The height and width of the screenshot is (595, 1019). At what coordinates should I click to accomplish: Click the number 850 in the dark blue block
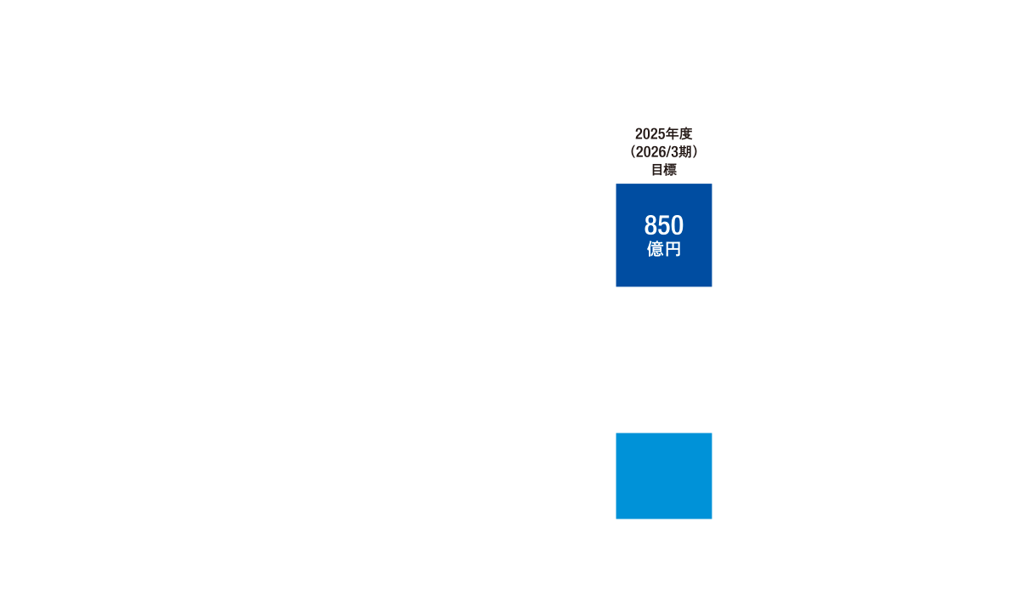click(663, 226)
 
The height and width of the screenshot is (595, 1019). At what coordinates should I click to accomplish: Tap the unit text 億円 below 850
click(663, 250)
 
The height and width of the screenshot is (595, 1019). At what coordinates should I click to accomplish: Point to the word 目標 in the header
click(663, 168)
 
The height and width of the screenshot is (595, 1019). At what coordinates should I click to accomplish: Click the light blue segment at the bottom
click(663, 475)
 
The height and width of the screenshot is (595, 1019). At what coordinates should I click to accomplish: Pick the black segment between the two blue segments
click(663, 360)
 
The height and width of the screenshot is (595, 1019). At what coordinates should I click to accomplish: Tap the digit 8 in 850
click(650, 226)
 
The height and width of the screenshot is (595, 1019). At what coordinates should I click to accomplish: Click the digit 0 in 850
click(677, 226)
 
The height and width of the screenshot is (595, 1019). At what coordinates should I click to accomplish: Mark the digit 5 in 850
click(663, 226)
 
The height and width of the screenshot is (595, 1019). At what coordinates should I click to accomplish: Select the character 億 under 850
click(656, 250)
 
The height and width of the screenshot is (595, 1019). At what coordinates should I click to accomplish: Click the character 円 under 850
click(672, 250)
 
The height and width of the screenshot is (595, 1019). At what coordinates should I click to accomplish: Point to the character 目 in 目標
click(656, 168)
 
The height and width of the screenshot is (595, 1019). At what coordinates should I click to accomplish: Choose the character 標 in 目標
click(670, 168)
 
